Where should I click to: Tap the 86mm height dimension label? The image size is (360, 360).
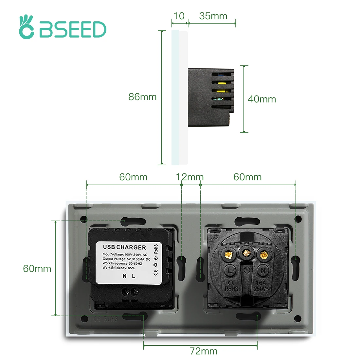click(142, 97)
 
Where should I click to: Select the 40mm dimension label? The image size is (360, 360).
click(262, 99)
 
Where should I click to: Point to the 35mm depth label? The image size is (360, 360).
click(213, 16)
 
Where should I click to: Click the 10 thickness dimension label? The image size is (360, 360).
click(179, 16)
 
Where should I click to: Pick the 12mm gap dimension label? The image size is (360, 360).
click(190, 177)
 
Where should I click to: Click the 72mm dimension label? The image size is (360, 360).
click(204, 351)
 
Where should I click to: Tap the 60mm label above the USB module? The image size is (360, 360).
click(133, 177)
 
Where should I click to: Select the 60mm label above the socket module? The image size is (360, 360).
click(247, 177)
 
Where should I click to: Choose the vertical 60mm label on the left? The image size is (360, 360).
click(37, 269)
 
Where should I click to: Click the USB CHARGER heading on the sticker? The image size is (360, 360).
click(124, 247)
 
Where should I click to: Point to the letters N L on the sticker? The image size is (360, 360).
click(129, 276)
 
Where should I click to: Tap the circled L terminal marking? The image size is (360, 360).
click(230, 270)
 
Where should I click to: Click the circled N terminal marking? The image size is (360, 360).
click(262, 270)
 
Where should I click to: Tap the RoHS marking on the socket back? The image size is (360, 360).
click(231, 289)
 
